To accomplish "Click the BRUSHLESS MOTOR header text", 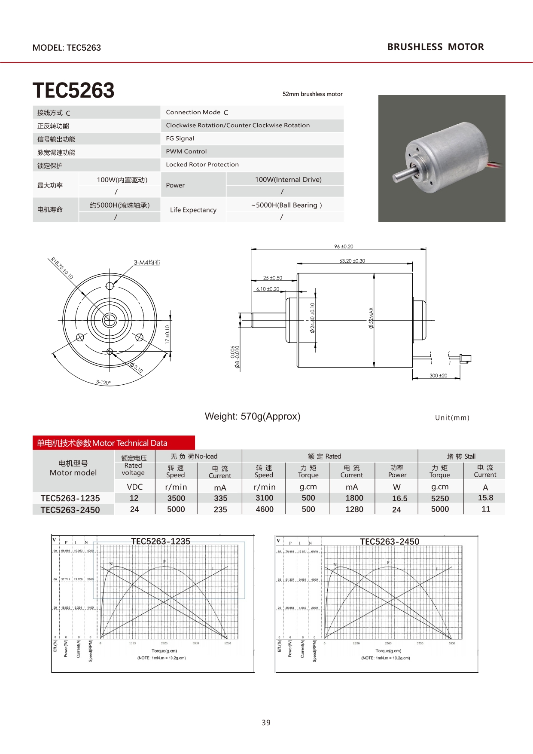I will [x=435, y=47].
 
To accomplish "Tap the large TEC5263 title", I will [x=73, y=90].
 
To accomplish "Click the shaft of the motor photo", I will [x=403, y=175].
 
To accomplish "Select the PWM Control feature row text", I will [x=186, y=151].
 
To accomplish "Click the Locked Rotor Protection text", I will [x=202, y=164].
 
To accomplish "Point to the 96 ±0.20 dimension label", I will [x=344, y=246].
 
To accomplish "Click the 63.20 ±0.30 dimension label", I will [x=352, y=261].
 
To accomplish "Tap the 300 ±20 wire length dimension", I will [x=438, y=375].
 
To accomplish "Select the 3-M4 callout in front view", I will [x=146, y=262].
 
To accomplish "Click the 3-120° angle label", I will [x=103, y=382].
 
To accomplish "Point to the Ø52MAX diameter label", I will [x=371, y=318].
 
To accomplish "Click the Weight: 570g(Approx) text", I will [x=253, y=416].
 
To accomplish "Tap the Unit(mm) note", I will [x=452, y=417].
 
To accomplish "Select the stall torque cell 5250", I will [x=440, y=498].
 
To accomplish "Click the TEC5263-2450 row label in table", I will [x=70, y=510].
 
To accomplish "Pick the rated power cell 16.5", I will [x=399, y=498].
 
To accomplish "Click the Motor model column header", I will [x=73, y=468].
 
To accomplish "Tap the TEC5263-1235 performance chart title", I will [x=161, y=541].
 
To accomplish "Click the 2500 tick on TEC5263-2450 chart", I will [x=388, y=644].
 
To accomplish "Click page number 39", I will [x=266, y=723].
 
